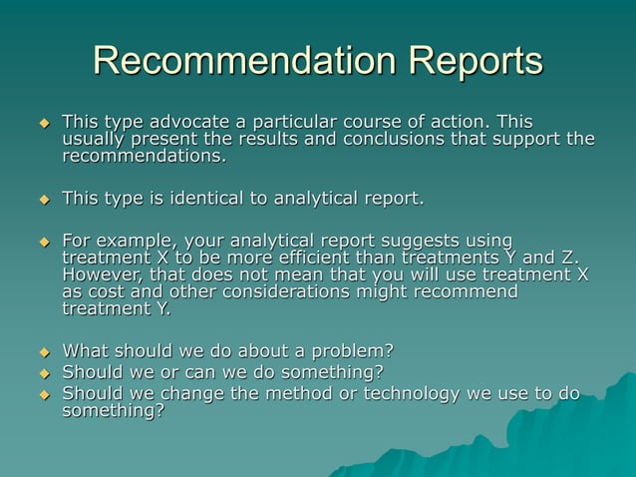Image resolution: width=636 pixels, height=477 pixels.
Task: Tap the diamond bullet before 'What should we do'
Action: [x=43, y=351]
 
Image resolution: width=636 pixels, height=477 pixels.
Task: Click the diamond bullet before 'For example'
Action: [x=43, y=241]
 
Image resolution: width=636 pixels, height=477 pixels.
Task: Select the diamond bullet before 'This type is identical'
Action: [x=43, y=200]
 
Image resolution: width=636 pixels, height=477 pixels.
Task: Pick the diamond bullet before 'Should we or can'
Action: [x=43, y=373]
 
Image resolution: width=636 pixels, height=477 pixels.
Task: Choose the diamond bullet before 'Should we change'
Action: [x=43, y=394]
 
